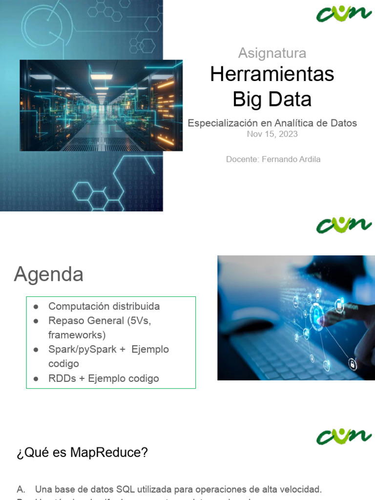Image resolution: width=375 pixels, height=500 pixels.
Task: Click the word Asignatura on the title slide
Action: (272, 53)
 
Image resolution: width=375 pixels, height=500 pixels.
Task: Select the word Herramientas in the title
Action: (272, 74)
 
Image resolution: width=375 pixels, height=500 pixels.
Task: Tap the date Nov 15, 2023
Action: (272, 134)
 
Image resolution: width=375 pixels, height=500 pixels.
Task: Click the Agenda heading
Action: (48, 274)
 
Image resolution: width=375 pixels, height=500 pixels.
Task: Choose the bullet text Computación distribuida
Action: (104, 307)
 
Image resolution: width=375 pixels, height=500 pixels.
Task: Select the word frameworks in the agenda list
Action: (77, 335)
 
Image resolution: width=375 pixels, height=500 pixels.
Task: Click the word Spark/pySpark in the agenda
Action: (82, 350)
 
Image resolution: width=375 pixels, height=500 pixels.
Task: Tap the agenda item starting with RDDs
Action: (104, 378)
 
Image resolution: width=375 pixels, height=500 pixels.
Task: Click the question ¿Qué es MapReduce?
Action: (82, 453)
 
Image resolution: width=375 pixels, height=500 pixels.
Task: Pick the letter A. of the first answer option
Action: (21, 489)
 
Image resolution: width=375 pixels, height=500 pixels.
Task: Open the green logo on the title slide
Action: (344, 13)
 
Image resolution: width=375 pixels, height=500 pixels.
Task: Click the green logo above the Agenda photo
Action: (344, 225)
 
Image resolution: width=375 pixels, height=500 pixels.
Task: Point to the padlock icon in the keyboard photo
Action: (352, 363)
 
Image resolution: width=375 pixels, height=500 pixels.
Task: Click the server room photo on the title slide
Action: (101, 105)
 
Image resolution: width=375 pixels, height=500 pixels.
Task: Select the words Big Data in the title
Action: (272, 99)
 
